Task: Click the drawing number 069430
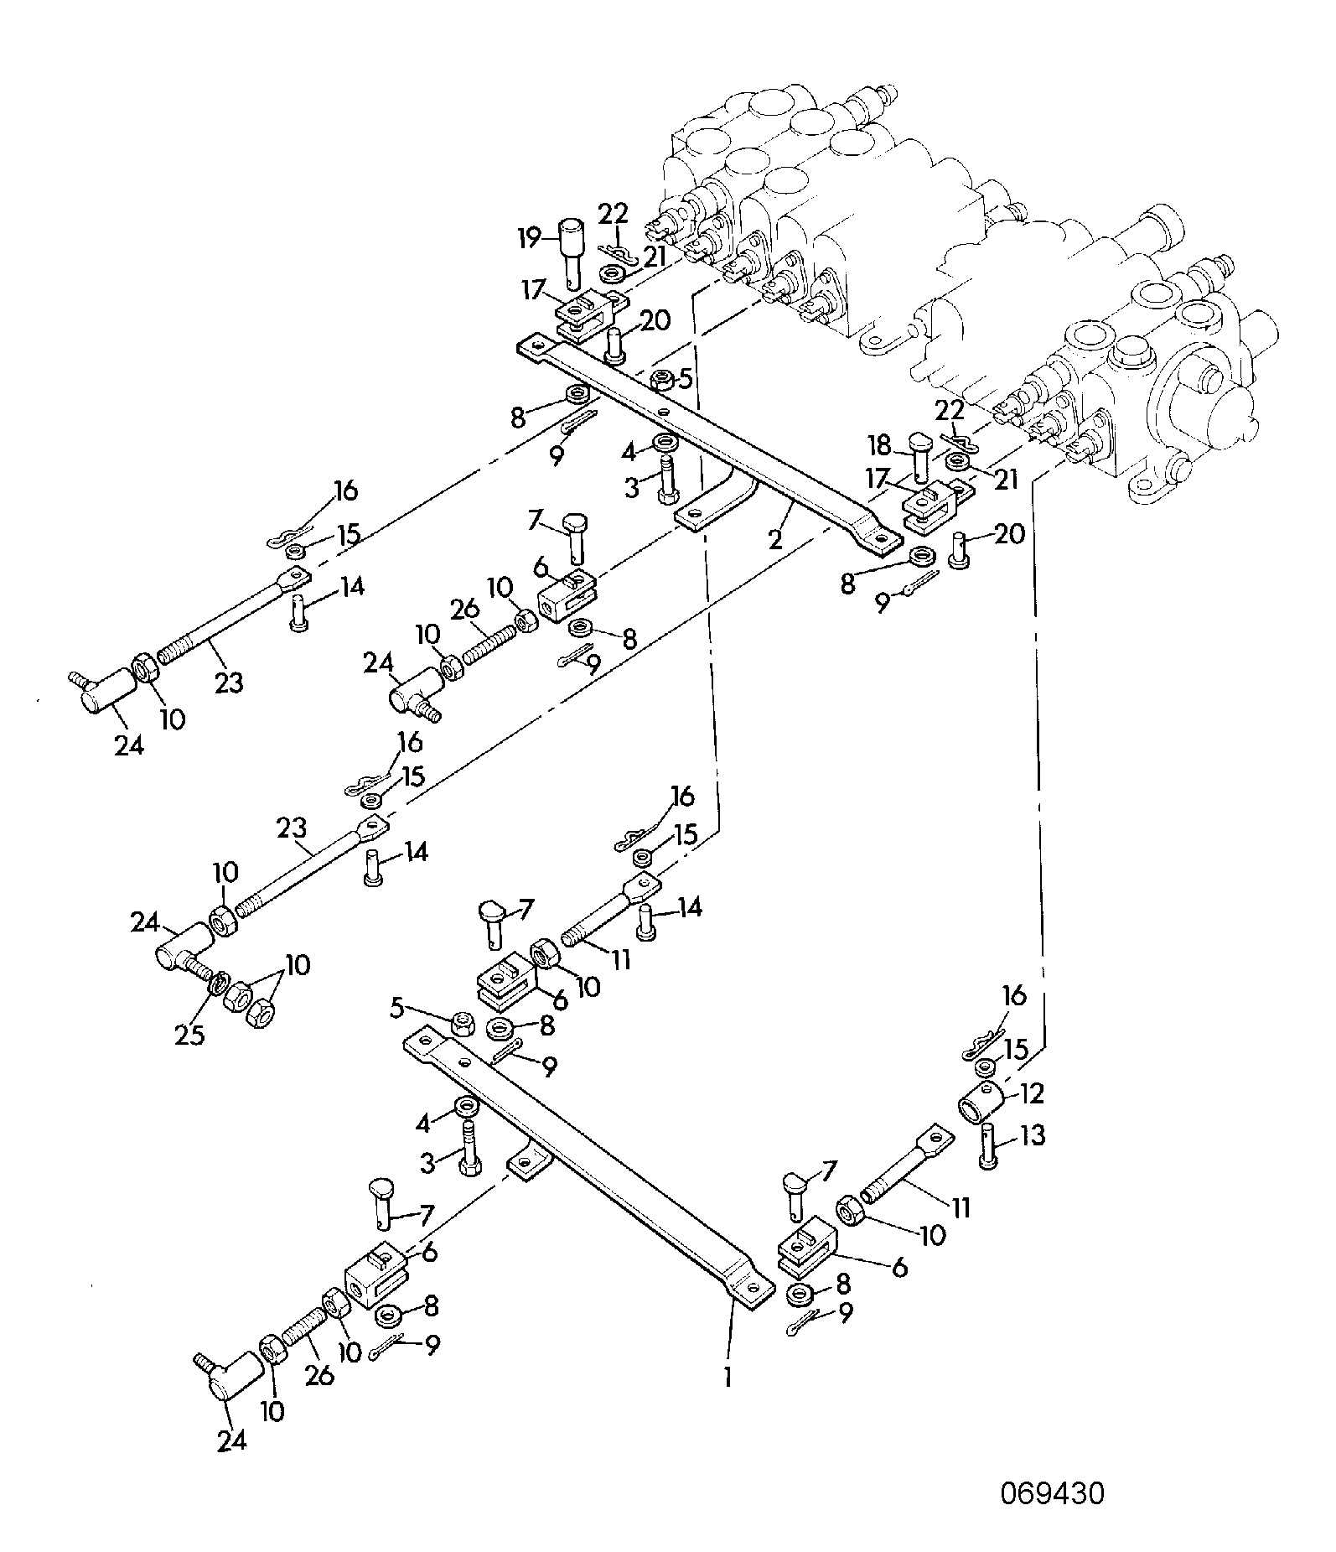(x=1052, y=1493)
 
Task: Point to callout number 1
(x=728, y=1376)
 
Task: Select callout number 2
(x=776, y=538)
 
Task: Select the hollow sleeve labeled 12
(x=980, y=1103)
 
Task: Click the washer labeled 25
(x=218, y=984)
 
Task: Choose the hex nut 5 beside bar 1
(x=462, y=1022)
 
